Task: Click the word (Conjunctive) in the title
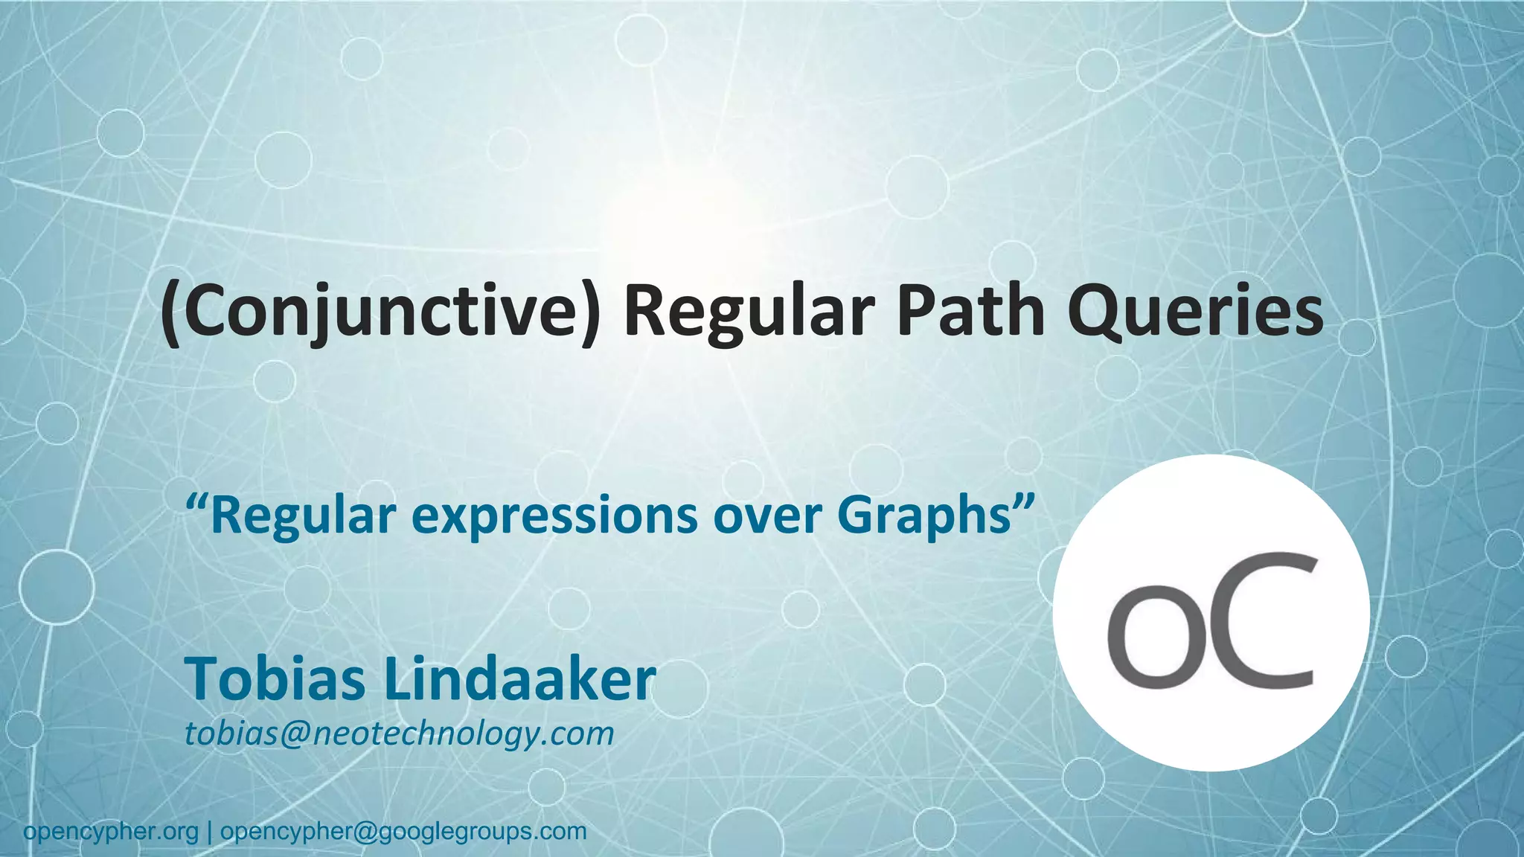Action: (x=380, y=312)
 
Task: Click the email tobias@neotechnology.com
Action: (x=399, y=734)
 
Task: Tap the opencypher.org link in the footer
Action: (x=111, y=831)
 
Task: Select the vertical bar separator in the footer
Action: (x=210, y=831)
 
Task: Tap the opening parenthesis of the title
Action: (x=171, y=312)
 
